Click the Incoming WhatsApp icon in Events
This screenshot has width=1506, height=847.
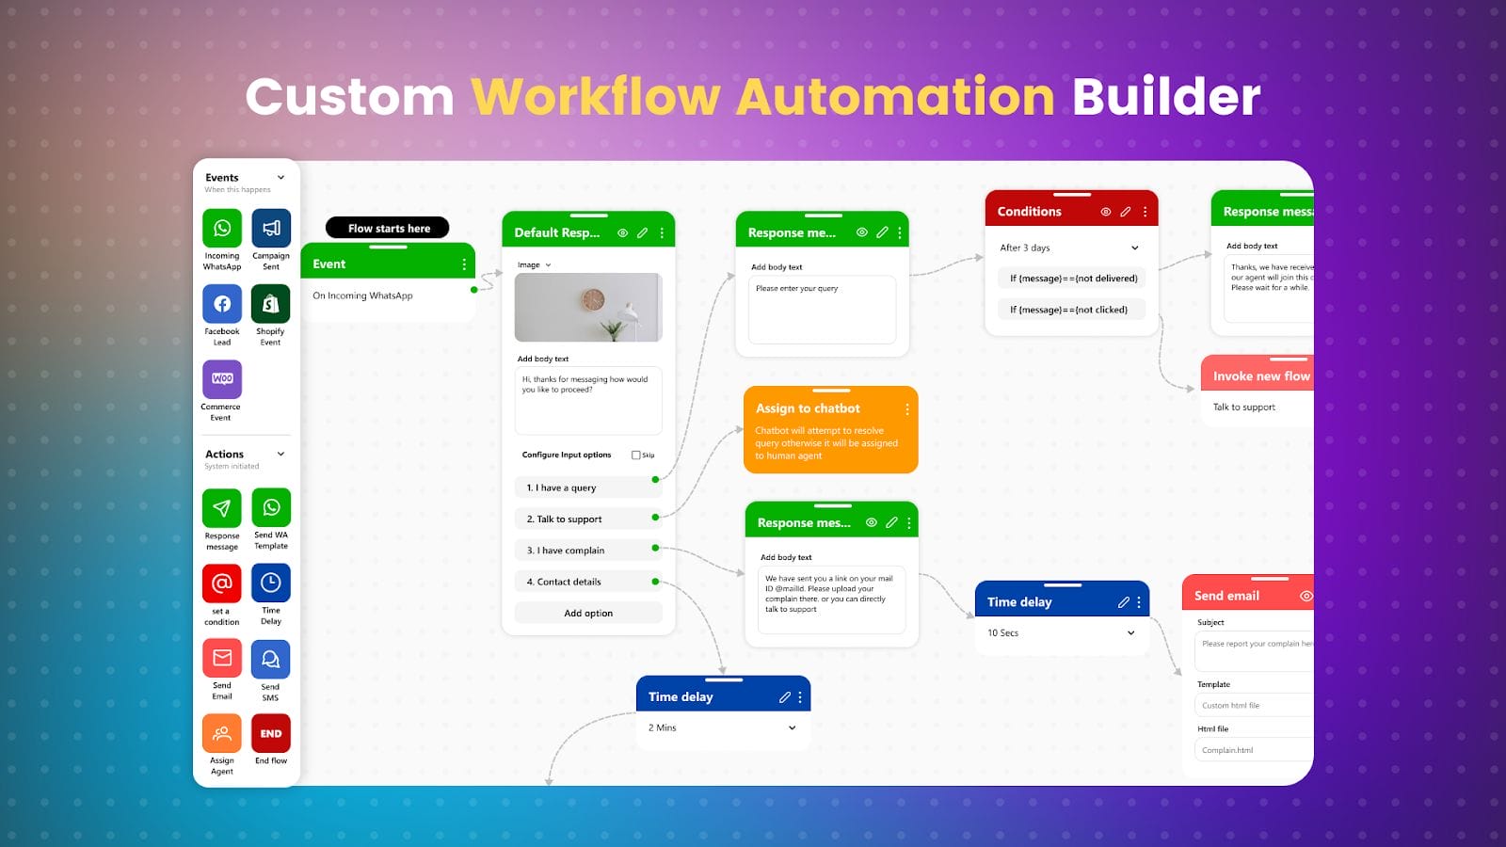[222, 228]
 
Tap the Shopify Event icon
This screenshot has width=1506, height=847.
[270, 304]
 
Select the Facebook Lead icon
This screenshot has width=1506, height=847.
[222, 304]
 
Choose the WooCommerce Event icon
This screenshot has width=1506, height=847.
[222, 379]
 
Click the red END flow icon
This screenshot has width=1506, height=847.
[270, 733]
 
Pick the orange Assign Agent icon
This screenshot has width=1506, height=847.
[222, 733]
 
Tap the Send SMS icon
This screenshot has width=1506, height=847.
[270, 659]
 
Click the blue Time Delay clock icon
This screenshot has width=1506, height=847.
[270, 583]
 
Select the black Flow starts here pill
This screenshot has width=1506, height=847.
[388, 228]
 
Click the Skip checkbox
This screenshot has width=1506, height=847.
[636, 455]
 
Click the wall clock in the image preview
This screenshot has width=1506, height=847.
[593, 300]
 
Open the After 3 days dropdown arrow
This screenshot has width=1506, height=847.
[1135, 248]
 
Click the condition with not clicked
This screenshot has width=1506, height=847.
[1070, 310]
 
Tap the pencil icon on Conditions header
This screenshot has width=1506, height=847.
[1125, 212]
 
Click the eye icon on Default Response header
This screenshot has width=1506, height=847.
[622, 232]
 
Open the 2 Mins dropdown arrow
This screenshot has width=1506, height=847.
[793, 727]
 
